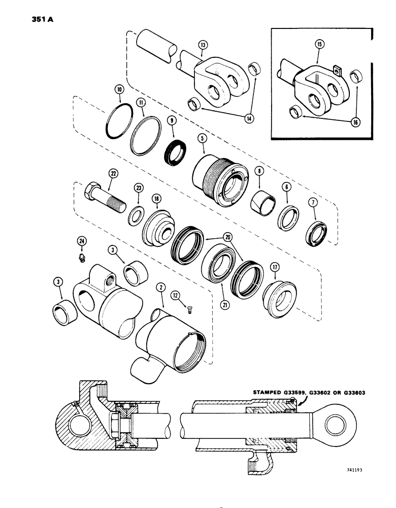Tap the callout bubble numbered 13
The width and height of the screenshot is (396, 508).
pyautogui.click(x=203, y=45)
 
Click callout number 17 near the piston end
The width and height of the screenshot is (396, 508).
pyautogui.click(x=274, y=266)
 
